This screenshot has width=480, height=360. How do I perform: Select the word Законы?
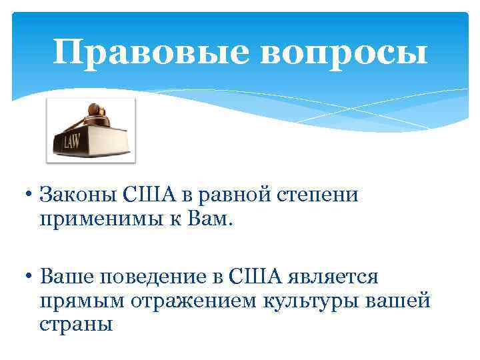[79, 195]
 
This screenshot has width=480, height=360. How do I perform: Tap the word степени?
[320, 197]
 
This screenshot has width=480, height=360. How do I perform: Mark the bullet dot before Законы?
[31, 196]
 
